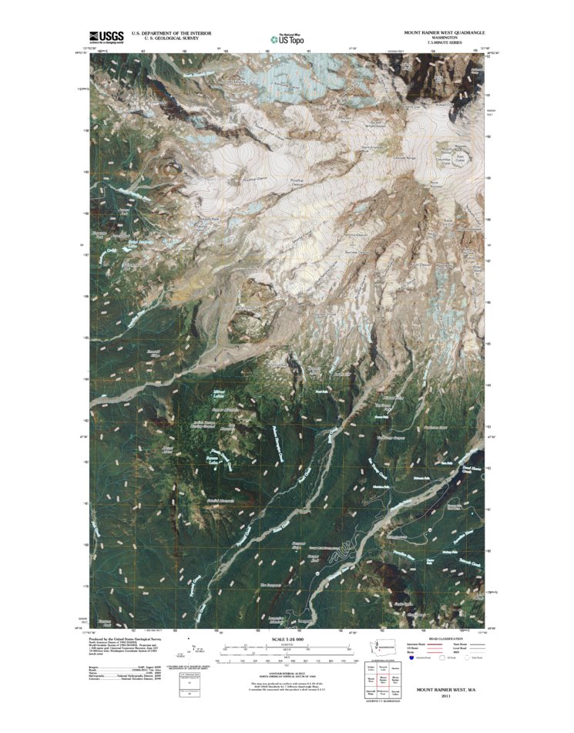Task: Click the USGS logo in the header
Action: tap(106, 36)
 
